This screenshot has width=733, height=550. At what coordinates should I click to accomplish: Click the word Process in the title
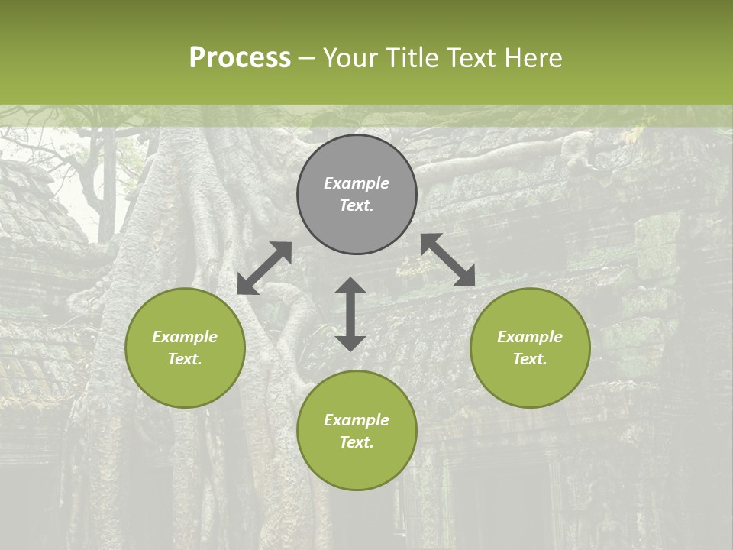tap(240, 58)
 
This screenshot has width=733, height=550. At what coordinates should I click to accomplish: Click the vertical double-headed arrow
tap(350, 314)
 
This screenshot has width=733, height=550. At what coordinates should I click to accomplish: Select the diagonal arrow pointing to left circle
tap(264, 268)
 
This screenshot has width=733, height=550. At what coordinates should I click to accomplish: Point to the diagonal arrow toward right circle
tap(448, 260)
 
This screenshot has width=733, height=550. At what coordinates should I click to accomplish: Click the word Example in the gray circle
tap(357, 183)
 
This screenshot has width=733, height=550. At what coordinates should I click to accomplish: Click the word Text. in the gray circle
tap(357, 205)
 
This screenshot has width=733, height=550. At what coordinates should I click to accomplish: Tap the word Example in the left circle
tap(185, 337)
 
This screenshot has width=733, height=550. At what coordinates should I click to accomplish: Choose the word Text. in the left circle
tap(185, 359)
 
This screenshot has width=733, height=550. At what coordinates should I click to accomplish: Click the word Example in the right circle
tap(530, 337)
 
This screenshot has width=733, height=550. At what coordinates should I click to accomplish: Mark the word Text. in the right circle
tap(530, 359)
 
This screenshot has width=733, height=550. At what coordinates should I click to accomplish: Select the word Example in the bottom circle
tap(357, 420)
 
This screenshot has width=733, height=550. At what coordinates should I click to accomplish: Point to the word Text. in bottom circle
tap(357, 442)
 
